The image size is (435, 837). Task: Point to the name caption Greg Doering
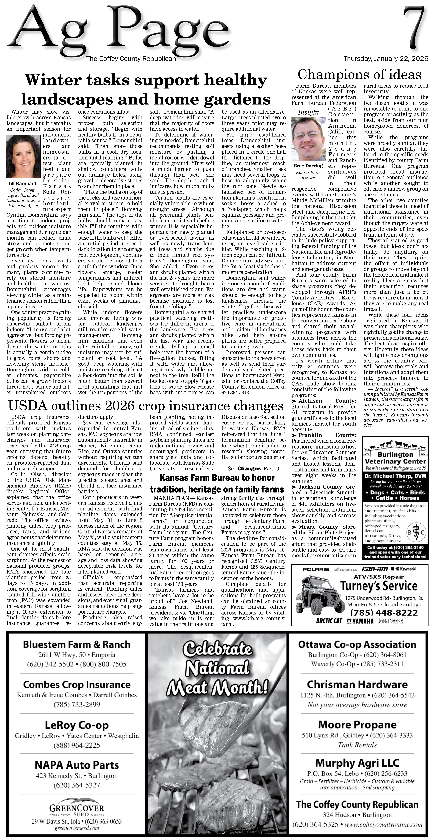click(x=308, y=166)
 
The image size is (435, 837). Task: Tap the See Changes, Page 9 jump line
click(x=253, y=468)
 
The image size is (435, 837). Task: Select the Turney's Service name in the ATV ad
click(x=379, y=586)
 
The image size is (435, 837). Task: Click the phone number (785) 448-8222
click(x=384, y=612)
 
